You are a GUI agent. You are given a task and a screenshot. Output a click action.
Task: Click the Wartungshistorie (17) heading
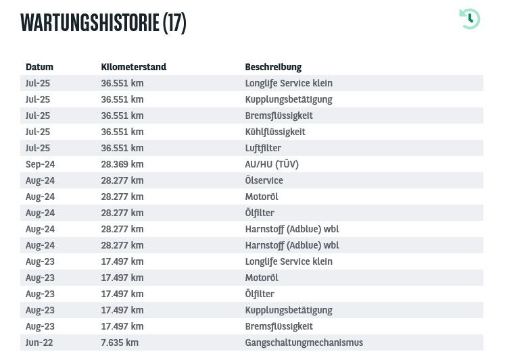(x=103, y=22)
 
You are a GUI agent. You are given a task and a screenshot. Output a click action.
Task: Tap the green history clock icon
(x=469, y=18)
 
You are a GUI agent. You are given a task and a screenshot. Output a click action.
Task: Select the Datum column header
(x=39, y=67)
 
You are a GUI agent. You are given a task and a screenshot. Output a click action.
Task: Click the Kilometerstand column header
(x=133, y=67)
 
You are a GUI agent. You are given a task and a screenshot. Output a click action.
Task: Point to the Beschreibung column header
(x=273, y=67)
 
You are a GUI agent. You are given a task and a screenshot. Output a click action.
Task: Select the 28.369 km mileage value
(x=122, y=164)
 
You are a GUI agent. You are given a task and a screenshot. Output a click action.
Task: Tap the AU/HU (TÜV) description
(x=272, y=164)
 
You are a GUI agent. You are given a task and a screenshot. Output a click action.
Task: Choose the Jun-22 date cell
(x=39, y=342)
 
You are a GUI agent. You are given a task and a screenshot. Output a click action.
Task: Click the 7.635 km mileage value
(x=120, y=342)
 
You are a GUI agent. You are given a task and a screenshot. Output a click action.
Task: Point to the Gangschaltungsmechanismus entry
(x=304, y=342)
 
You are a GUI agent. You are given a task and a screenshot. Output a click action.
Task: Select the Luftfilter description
(x=263, y=148)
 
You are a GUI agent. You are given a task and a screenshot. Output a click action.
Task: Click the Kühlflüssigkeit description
(x=275, y=132)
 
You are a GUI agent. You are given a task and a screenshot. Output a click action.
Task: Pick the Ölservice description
(x=264, y=180)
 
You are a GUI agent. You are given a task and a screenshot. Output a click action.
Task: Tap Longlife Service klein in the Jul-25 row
(x=289, y=83)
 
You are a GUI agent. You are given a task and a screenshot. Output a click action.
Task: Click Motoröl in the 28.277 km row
(x=262, y=197)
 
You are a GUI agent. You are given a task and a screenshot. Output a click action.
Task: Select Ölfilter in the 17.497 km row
(x=260, y=294)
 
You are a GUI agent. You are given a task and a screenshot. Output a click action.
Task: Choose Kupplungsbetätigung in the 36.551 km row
(x=289, y=99)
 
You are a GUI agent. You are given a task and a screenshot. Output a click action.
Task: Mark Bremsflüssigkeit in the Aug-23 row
(x=279, y=326)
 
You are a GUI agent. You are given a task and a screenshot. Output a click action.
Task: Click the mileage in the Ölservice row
(x=122, y=180)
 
